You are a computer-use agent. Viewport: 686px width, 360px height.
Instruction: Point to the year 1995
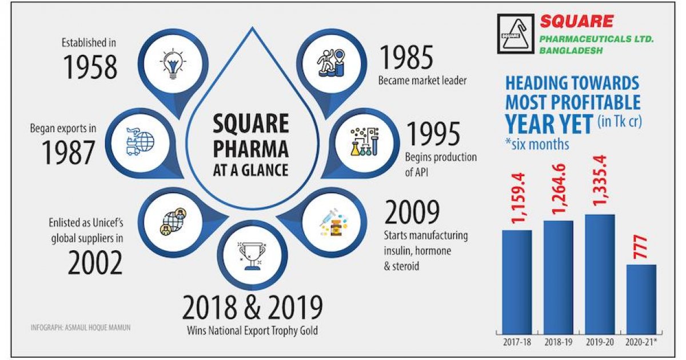pos(433,135)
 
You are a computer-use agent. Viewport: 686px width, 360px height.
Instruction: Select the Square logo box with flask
pos(514,35)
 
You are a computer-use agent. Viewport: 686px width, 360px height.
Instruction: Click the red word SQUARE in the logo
pos(577,22)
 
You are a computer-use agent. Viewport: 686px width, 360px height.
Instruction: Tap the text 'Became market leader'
pos(422,81)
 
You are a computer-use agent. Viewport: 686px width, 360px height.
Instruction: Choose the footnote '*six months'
pos(537,143)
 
